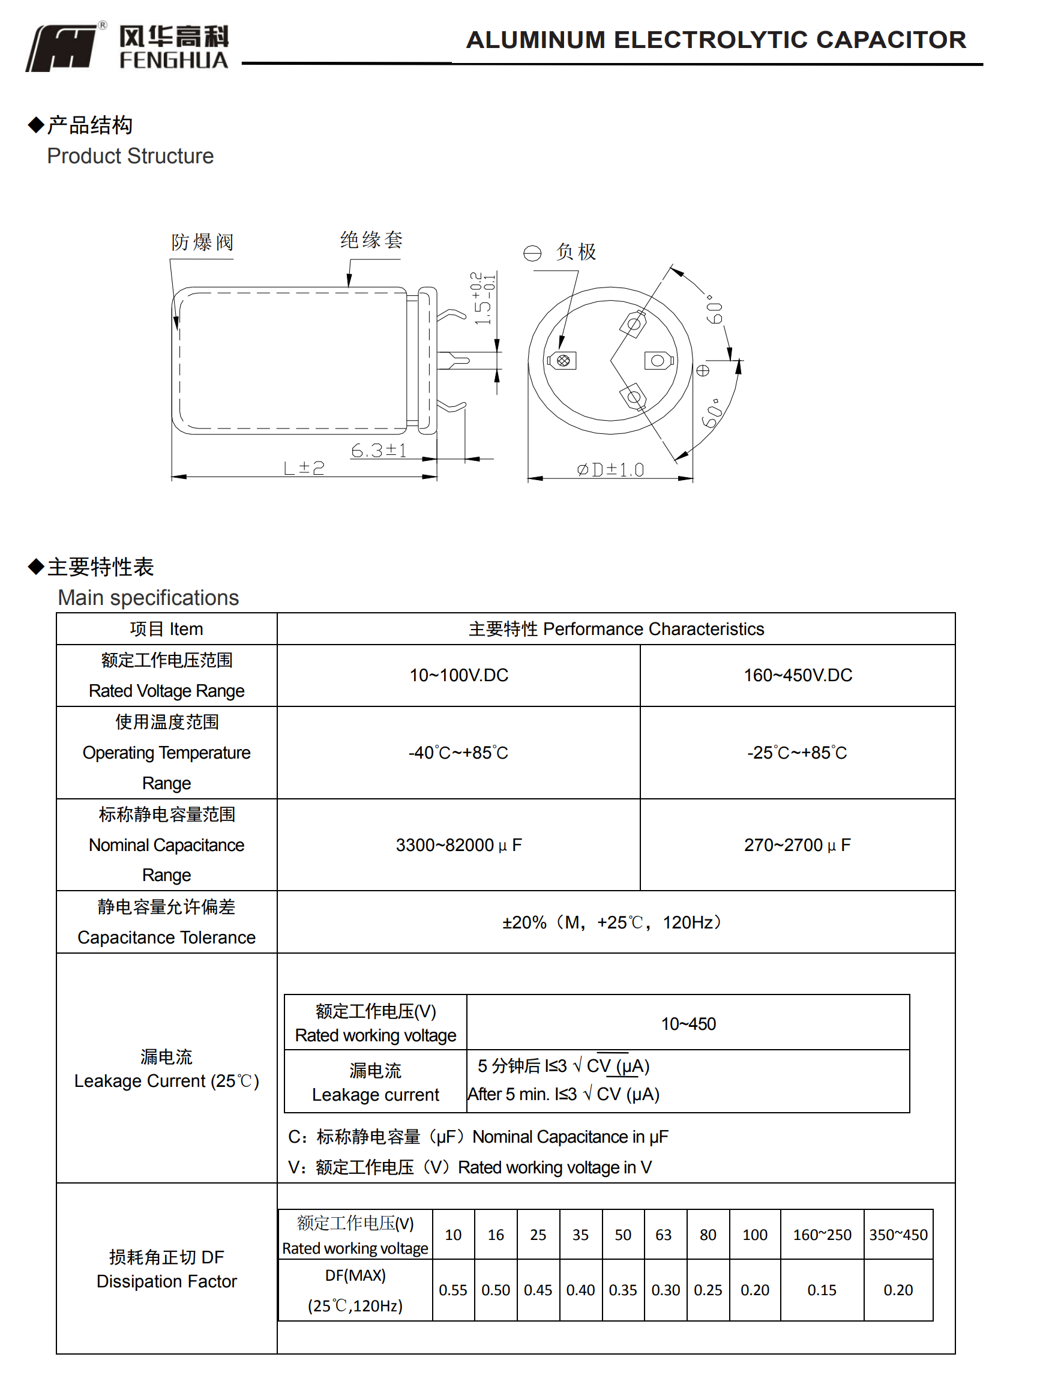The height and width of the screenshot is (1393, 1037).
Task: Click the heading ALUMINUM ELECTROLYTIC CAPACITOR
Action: pyautogui.click(x=715, y=40)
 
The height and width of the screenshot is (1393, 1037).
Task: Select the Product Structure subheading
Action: pyautogui.click(x=130, y=155)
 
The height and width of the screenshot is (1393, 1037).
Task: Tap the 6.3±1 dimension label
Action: pyautogui.click(x=379, y=450)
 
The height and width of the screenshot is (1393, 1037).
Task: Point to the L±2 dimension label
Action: pyautogui.click(x=304, y=468)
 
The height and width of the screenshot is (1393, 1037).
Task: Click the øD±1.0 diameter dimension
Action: pyautogui.click(x=610, y=469)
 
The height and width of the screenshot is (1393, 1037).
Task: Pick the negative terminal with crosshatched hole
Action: pyautogui.click(x=563, y=360)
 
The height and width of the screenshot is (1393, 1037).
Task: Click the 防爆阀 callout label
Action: pyautogui.click(x=202, y=242)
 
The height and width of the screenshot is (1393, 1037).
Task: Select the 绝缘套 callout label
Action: pyautogui.click(x=371, y=240)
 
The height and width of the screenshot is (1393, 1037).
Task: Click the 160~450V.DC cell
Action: pyautogui.click(x=797, y=675)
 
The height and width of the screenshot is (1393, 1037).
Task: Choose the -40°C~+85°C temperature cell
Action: pyautogui.click(x=458, y=753)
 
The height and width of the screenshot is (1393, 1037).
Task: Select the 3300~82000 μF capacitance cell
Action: pyautogui.click(x=458, y=845)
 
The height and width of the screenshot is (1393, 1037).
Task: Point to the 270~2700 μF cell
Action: pyautogui.click(x=797, y=845)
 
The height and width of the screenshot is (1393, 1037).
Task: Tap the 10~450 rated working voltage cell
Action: pyautogui.click(x=688, y=1024)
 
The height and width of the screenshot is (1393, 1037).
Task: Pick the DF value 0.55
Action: pyautogui.click(x=452, y=1290)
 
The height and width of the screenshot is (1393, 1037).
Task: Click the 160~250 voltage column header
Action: pyautogui.click(x=822, y=1235)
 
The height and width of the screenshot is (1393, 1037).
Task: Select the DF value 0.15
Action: pyautogui.click(x=822, y=1290)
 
